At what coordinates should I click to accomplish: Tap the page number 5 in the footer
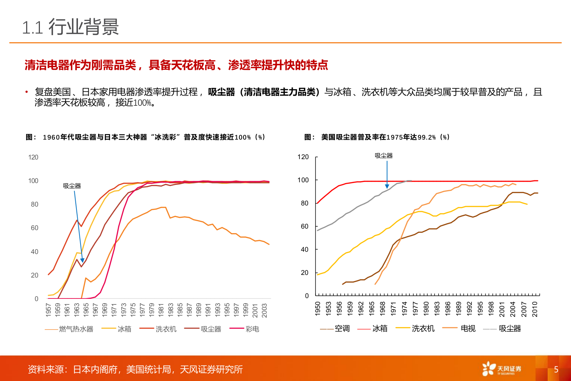556,369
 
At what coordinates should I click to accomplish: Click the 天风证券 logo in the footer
502,369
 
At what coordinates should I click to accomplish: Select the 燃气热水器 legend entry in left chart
76,329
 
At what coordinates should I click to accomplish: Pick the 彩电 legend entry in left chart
252,329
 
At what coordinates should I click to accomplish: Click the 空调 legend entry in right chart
342,328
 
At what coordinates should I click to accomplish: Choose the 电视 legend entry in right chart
468,328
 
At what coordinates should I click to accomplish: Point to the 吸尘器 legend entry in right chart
509,328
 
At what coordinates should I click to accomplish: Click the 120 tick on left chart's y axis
33,157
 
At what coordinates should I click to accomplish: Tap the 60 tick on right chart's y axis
305,226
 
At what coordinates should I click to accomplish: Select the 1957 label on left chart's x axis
48,310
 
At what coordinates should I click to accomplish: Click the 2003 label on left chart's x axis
264,310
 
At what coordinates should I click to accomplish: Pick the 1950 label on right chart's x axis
318,309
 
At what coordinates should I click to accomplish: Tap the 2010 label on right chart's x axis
535,309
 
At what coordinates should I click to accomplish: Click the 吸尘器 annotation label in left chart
72,186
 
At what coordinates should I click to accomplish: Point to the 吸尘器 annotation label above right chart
384,156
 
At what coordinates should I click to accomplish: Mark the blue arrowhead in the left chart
82,260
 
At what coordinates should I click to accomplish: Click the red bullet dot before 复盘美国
26,92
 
